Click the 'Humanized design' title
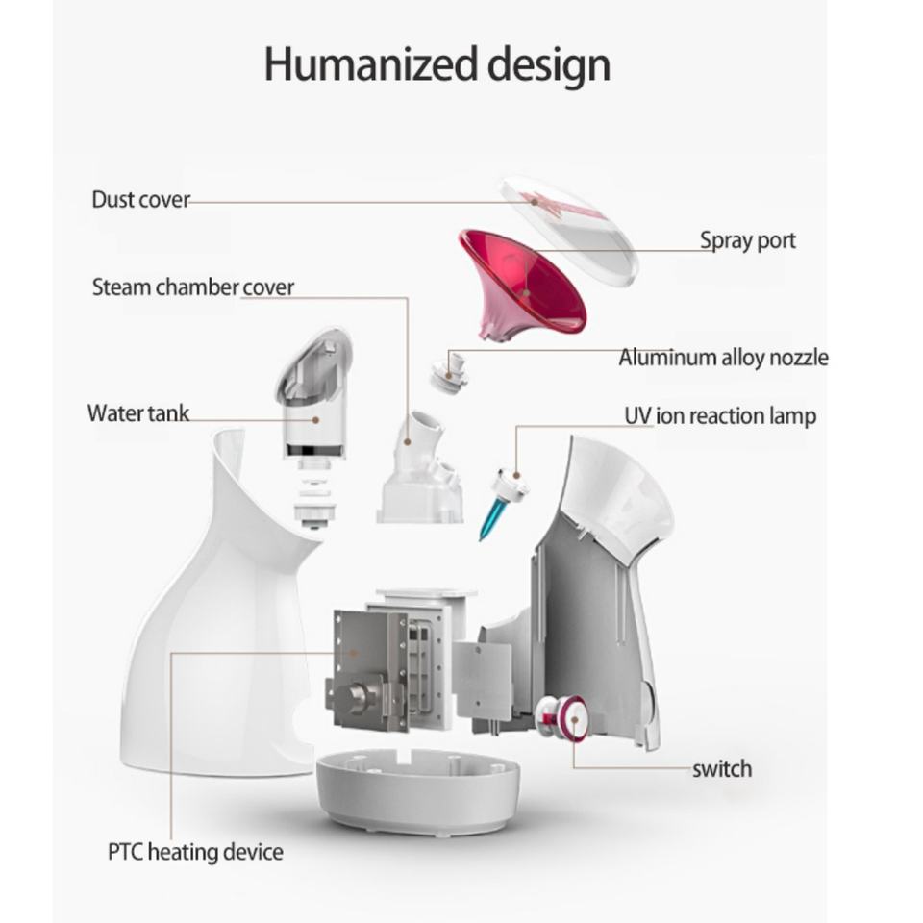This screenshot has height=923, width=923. point(437,64)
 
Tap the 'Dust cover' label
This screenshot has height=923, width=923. point(140,200)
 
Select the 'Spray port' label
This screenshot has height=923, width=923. point(747,239)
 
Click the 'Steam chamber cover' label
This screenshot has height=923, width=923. point(193,287)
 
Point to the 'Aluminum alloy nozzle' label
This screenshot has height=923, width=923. point(722,358)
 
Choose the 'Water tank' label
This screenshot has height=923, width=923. point(137,413)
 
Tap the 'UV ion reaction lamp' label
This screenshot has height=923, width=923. point(720,415)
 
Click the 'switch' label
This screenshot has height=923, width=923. point(722,768)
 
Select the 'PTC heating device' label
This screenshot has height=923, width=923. point(195,851)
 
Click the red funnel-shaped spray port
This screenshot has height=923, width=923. point(524,284)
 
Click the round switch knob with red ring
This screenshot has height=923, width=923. point(567,716)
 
